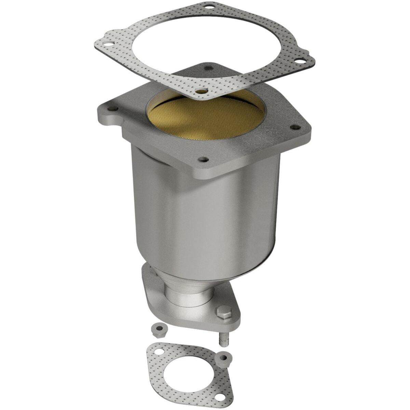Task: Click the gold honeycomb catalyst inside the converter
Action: (x=205, y=118)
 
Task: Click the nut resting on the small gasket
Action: (x=224, y=357)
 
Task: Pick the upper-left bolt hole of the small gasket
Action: (x=159, y=351)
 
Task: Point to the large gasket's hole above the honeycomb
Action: (x=201, y=92)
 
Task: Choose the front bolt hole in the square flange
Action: (x=204, y=159)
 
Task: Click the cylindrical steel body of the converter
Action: (x=205, y=219)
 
